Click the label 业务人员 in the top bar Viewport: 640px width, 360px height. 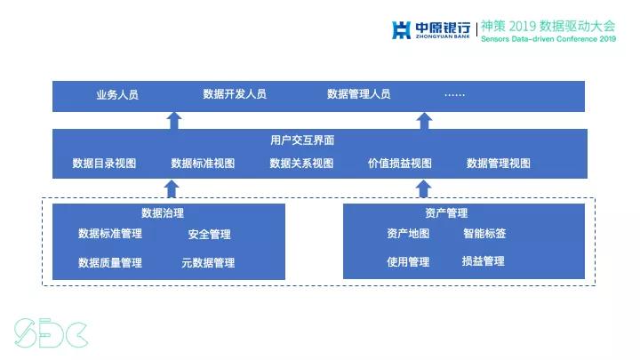pos(117,94)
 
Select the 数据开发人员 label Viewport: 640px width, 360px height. pos(234,94)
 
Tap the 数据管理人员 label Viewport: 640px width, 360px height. pos(358,94)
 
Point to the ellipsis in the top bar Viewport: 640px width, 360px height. pos(454,94)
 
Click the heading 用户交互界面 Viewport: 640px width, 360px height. pos(302,140)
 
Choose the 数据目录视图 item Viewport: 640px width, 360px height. pos(104,164)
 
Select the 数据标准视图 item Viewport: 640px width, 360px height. pos(203,164)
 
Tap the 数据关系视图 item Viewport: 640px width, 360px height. pos(301,164)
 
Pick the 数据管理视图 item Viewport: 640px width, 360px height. pos(498,164)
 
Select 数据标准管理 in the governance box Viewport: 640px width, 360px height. pos(110,234)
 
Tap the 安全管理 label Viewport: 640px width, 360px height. pos(209,235)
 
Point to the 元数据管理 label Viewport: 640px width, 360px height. pos(208,263)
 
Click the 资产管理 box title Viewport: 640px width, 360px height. pos(446,213)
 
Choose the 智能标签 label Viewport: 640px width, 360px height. pos(484,234)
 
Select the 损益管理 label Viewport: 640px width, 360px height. pos(483,261)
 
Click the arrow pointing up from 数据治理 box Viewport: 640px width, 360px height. pos(174,188)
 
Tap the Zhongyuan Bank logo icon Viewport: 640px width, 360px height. pos(402,30)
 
